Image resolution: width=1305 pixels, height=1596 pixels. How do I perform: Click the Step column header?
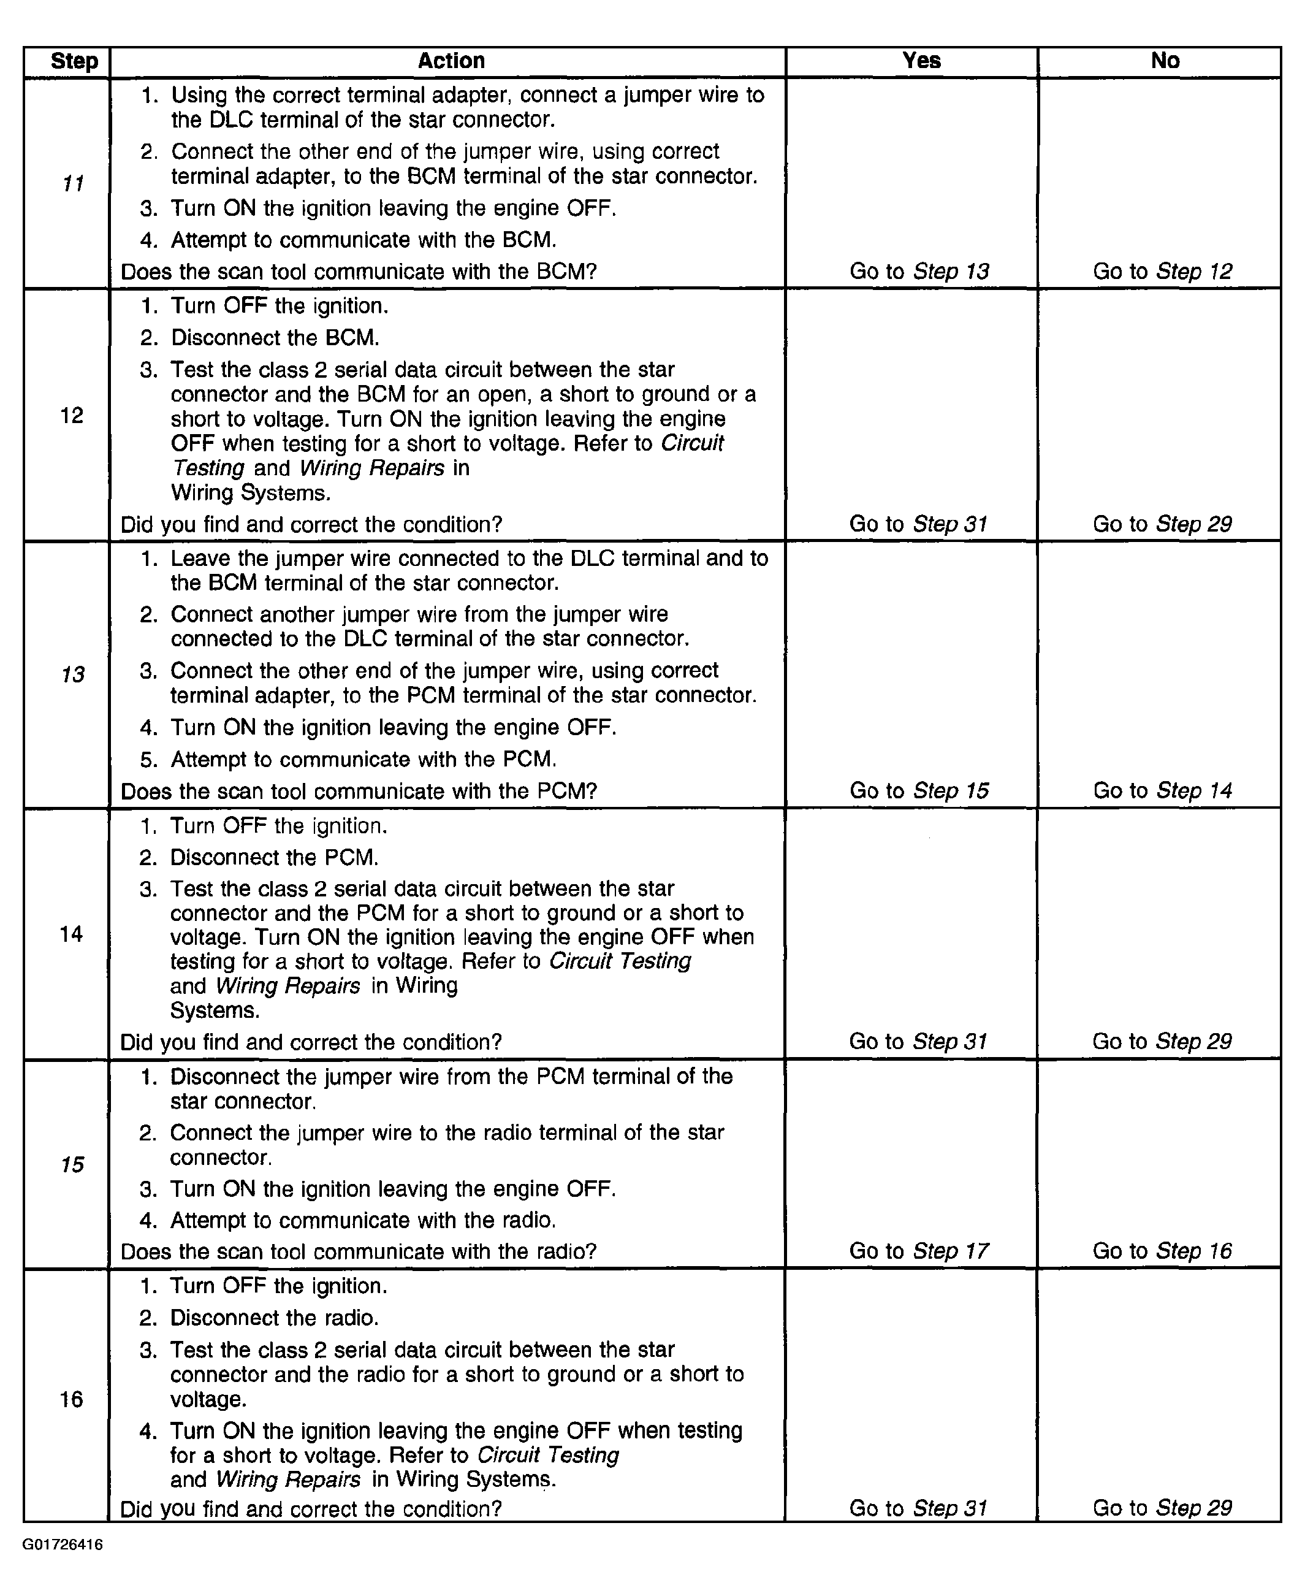(x=74, y=61)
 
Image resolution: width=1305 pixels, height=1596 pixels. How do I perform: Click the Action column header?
(x=451, y=61)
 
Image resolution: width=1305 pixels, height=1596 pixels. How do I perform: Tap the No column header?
(x=1165, y=61)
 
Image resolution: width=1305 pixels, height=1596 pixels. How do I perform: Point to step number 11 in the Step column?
(x=72, y=183)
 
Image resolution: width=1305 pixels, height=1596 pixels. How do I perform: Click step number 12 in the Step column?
(x=72, y=415)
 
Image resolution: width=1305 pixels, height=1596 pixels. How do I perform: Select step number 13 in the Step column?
(x=72, y=674)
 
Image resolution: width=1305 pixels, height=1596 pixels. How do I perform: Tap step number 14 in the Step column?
(x=72, y=934)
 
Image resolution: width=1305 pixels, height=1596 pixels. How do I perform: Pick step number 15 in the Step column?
(x=72, y=1164)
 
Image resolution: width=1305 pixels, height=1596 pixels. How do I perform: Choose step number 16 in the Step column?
(x=72, y=1399)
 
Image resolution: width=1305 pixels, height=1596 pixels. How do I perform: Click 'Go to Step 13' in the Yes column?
(x=919, y=272)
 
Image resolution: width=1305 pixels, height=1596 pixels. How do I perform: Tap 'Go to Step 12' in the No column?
(x=1162, y=272)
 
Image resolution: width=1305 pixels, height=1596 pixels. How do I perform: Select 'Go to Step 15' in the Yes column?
(x=919, y=791)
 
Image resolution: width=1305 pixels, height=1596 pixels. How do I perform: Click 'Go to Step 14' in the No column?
(x=1162, y=791)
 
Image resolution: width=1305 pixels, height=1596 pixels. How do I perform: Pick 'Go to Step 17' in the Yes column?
(x=919, y=1251)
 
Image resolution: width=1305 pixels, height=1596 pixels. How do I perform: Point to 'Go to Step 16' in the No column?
(x=1162, y=1251)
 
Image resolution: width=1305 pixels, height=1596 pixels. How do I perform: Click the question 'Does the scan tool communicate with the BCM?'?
(x=359, y=272)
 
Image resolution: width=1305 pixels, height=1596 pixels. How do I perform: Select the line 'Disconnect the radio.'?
(x=275, y=1318)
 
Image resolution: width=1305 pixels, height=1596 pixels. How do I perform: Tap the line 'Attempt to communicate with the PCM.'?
(x=363, y=759)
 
